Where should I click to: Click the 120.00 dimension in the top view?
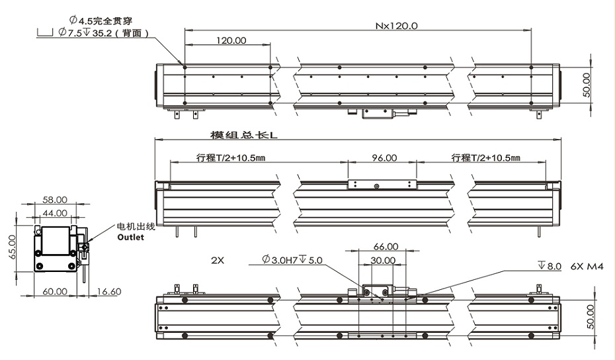click(231, 40)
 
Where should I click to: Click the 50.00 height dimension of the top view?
click(586, 85)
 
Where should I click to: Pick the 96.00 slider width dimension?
click(384, 158)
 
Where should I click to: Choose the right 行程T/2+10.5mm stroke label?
click(485, 158)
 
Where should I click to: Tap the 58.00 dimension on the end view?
click(55, 199)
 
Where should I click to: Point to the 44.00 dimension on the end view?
click(55, 212)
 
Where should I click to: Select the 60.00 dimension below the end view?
click(54, 291)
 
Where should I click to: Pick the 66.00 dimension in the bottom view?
click(386, 246)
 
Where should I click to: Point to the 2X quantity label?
click(218, 260)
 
